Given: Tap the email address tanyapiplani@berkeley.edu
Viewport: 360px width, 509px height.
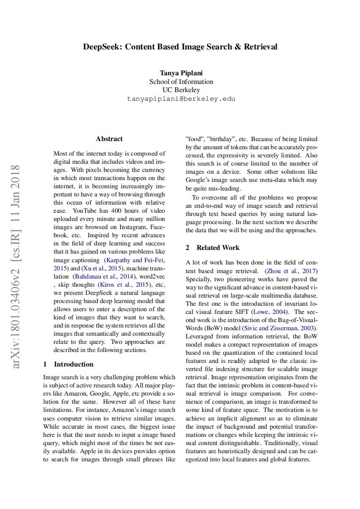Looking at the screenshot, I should pyautogui.click(x=181, y=98).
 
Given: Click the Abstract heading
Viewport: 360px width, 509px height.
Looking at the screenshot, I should pyautogui.click(x=109, y=139).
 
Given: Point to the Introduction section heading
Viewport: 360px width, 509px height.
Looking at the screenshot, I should pyautogui.click(x=74, y=364).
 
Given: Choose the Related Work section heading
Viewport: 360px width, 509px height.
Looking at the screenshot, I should pyautogui.click(x=218, y=247).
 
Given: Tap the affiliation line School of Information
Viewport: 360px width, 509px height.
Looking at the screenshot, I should pyautogui.click(x=181, y=82).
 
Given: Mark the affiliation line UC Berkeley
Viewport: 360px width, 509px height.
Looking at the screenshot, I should pyautogui.click(x=181, y=90).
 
